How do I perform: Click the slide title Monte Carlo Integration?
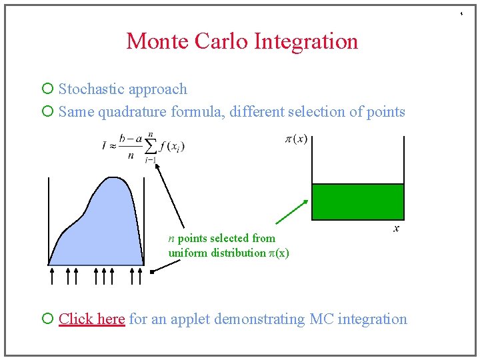(242, 41)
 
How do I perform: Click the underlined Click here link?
(91, 319)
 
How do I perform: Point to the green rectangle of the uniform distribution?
(358, 202)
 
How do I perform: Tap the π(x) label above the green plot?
(296, 139)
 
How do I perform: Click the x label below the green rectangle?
(396, 229)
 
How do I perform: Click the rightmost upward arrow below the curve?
(140, 275)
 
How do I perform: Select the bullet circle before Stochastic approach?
(47, 89)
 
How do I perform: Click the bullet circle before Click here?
(47, 319)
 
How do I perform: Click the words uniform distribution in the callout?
(216, 253)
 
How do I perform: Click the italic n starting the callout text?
(171, 239)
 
